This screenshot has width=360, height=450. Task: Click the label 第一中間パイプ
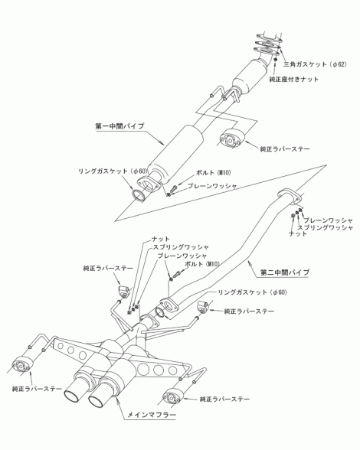click(x=119, y=126)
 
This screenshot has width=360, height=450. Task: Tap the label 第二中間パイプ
click(x=285, y=272)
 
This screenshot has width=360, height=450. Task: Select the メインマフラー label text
click(x=151, y=415)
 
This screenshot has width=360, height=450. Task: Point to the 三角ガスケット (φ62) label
click(x=315, y=64)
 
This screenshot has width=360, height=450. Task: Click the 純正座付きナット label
click(x=293, y=80)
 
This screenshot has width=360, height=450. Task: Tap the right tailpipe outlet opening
click(x=97, y=402)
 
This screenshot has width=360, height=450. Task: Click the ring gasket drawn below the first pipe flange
click(x=139, y=194)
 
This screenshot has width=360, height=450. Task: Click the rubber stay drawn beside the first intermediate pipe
click(x=232, y=139)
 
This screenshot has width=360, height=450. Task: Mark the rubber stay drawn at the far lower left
click(x=21, y=364)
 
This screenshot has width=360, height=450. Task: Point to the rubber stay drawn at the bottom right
click(x=172, y=396)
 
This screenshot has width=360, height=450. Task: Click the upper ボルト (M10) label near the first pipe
click(x=213, y=173)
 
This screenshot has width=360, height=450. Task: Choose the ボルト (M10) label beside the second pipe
click(x=202, y=264)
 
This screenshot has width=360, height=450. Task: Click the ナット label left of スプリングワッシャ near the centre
click(x=161, y=239)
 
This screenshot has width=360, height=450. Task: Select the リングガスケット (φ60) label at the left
click(x=113, y=171)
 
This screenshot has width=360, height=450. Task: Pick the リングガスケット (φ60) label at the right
click(x=252, y=292)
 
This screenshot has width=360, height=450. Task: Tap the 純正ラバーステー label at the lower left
click(x=37, y=389)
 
